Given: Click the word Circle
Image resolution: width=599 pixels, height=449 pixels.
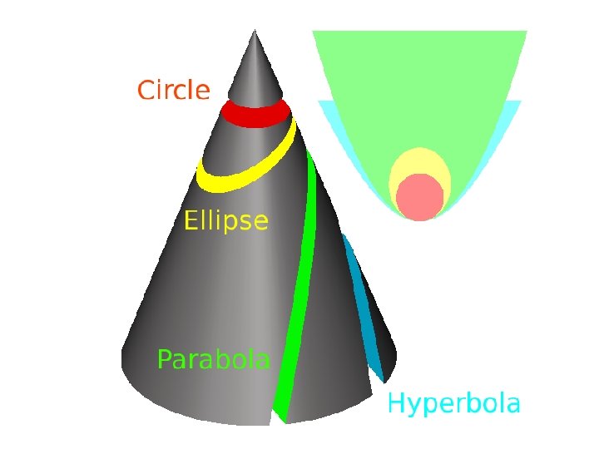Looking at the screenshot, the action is point(173,90).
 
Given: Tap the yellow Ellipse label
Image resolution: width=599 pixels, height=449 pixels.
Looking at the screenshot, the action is point(225,221).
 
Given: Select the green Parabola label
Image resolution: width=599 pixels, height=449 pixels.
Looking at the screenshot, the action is point(214,360).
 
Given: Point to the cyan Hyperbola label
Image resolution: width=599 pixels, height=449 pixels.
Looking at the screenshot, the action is point(454,405).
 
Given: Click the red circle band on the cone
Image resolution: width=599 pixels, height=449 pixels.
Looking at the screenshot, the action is point(255,114).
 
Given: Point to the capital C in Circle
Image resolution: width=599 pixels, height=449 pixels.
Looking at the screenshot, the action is point(146,90).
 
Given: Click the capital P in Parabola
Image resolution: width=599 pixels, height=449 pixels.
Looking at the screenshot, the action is point(165,360).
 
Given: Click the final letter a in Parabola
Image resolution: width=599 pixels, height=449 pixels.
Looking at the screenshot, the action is point(262,362).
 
